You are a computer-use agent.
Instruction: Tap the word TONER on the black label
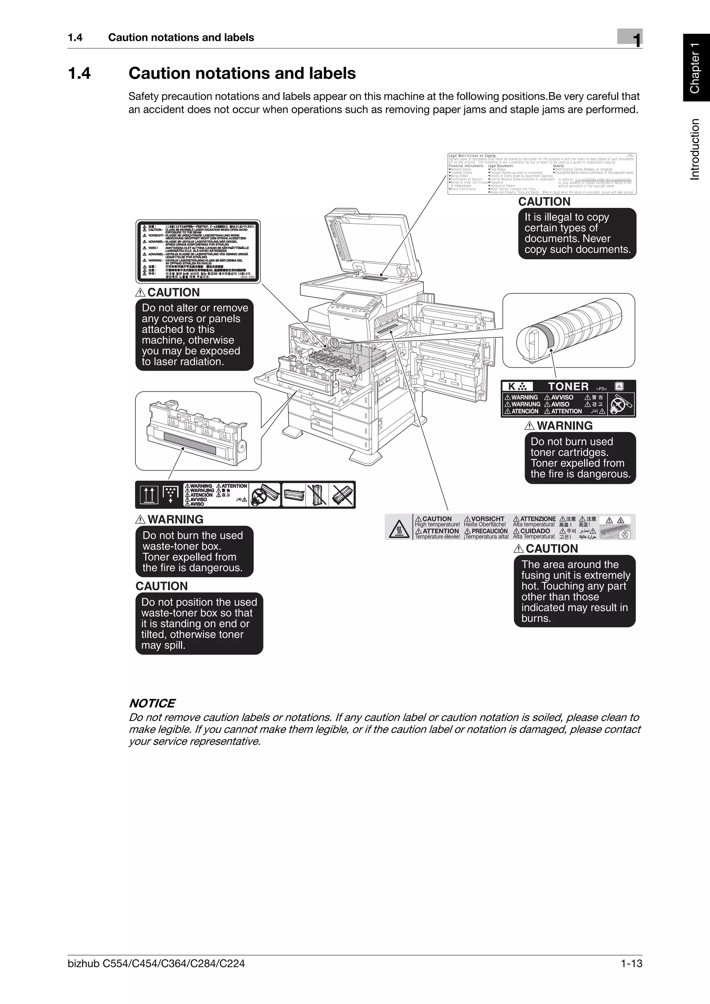568,387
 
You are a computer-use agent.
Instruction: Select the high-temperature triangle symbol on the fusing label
399,527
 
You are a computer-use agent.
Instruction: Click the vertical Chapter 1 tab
695,68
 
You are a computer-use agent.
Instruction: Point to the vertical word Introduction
695,149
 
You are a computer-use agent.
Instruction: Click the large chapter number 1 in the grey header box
637,40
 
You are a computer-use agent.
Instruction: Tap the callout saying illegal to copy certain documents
577,234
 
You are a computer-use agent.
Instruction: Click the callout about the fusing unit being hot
575,591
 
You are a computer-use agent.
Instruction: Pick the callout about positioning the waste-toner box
199,624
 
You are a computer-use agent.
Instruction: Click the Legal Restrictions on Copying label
542,174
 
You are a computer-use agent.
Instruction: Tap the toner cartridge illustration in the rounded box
569,330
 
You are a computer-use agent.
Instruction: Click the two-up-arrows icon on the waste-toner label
149,495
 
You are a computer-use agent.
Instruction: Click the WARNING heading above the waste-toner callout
175,519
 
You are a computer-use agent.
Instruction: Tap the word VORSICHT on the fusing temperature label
487,519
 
